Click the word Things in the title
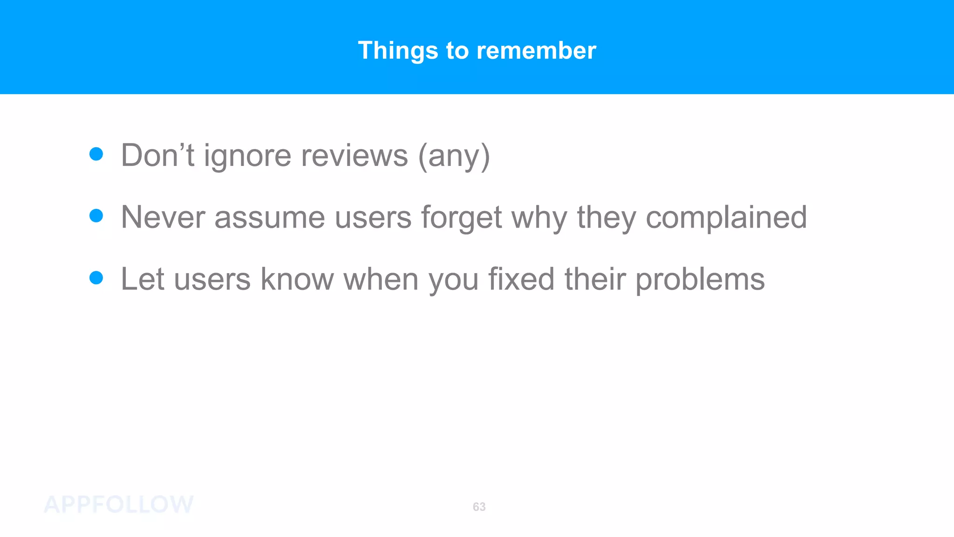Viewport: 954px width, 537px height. pos(398,50)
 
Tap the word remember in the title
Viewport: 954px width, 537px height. pos(536,50)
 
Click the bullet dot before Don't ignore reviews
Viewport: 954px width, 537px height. pos(96,154)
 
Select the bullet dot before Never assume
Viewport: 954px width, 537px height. pos(96,216)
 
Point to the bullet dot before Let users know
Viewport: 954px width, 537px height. pos(96,278)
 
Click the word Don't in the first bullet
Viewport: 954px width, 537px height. pos(157,155)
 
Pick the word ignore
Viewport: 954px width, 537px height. pos(247,156)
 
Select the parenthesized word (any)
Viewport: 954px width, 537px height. pos(454,156)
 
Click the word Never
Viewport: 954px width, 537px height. pos(163,217)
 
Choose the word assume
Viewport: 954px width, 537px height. pos(270,218)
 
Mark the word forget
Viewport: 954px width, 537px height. pos(462,218)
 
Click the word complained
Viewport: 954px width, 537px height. pos(726,217)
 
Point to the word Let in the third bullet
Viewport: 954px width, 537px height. pos(143,279)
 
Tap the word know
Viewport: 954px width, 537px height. pos(297,279)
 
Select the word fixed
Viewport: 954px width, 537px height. pos(521,279)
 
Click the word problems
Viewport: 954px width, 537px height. pos(700,280)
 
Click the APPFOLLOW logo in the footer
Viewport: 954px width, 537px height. pos(119,505)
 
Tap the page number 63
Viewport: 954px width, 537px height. pos(479,507)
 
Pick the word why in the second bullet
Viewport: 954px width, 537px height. pos(539,218)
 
